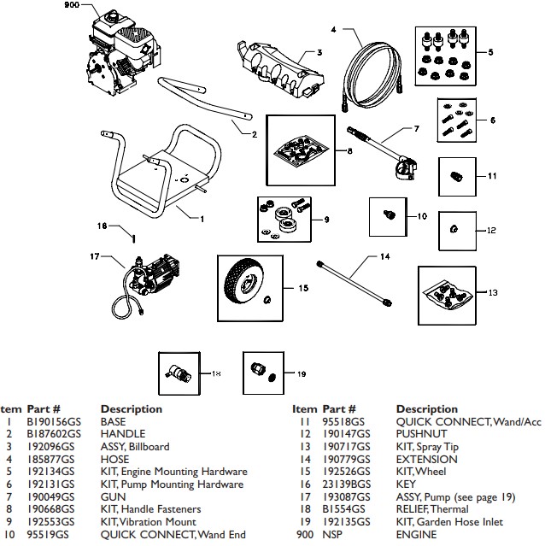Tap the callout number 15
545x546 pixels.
click(303, 289)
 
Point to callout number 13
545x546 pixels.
click(491, 292)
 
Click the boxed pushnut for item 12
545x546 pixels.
click(455, 229)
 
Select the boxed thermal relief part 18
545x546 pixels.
click(183, 374)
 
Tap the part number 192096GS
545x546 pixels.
click(50, 447)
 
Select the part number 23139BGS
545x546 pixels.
click(346, 484)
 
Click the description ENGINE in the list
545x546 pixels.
click(416, 535)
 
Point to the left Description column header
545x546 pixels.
click(131, 409)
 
